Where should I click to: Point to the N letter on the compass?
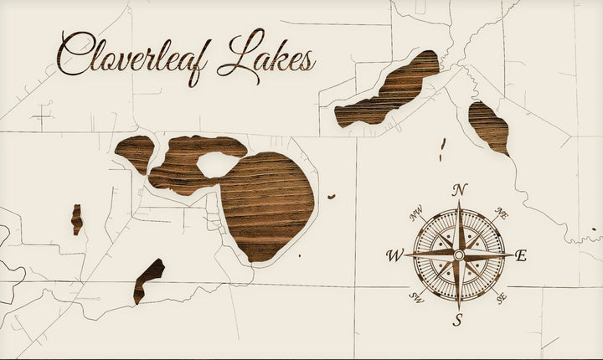click(x=458, y=190)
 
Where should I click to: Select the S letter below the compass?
click(x=458, y=319)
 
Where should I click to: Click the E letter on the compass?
click(x=521, y=256)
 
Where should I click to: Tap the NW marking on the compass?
click(x=415, y=214)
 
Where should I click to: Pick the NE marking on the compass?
click(x=502, y=213)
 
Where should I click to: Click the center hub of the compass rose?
click(x=458, y=255)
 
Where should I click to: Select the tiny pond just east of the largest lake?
click(x=332, y=197)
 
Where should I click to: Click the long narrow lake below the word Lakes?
click(x=385, y=92)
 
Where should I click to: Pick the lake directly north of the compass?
click(x=490, y=126)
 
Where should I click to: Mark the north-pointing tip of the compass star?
click(x=458, y=201)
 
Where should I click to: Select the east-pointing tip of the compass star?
click(x=512, y=255)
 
